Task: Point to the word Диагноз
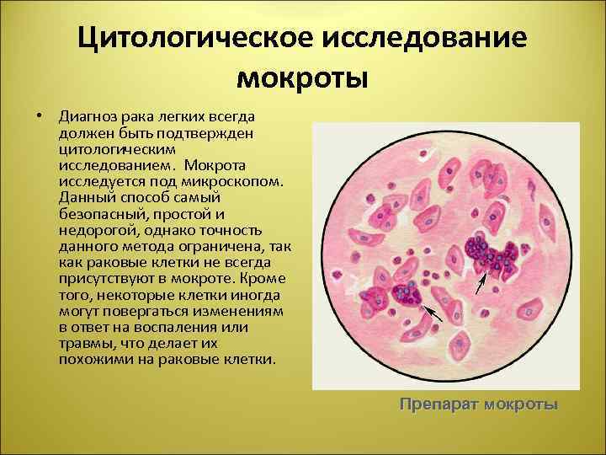88,115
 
